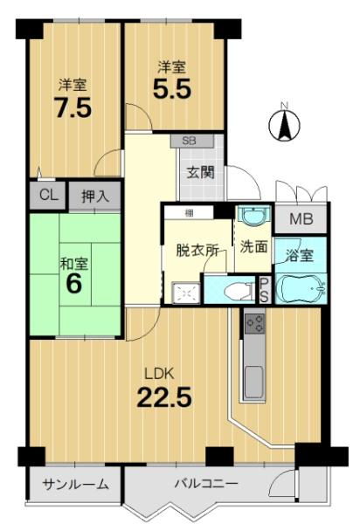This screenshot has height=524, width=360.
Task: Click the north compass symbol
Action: [285, 124]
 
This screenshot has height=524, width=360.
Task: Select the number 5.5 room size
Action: [172, 88]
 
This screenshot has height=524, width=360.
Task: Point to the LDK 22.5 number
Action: [164, 396]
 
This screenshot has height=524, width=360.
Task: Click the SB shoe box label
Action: [189, 141]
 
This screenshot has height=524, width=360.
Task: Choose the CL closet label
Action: [49, 195]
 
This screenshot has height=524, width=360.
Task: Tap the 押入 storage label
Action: [95, 196]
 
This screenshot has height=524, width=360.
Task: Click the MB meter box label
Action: [301, 219]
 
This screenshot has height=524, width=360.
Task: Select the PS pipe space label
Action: [264, 290]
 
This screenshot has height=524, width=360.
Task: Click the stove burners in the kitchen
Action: [254, 323]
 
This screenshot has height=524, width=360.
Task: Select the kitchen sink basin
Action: [253, 382]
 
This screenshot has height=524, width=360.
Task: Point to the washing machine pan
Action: [186, 293]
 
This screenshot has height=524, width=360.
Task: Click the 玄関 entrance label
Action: [200, 173]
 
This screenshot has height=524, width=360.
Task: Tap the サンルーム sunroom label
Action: [76, 484]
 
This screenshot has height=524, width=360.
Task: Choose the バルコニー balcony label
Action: [206, 483]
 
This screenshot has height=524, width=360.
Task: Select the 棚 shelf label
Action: [190, 212]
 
